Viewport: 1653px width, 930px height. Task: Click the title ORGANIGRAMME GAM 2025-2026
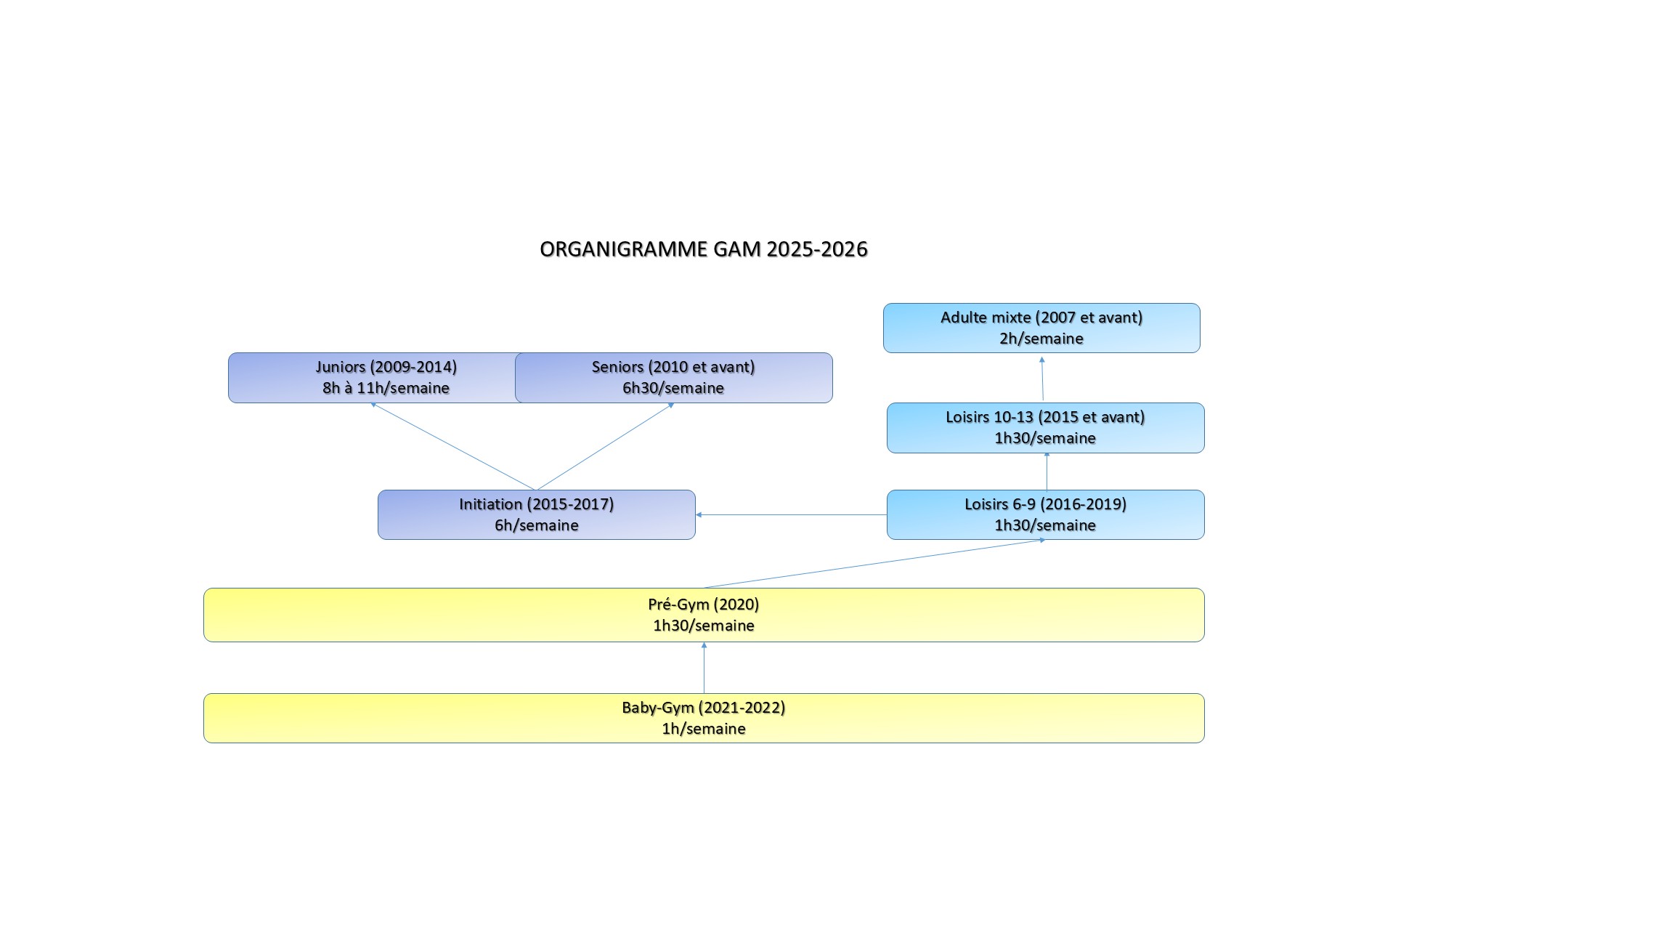(x=704, y=249)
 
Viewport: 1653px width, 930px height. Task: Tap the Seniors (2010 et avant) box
(x=673, y=378)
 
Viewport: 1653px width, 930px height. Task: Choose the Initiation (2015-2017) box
(x=537, y=514)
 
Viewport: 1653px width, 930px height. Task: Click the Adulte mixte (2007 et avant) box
(x=1041, y=328)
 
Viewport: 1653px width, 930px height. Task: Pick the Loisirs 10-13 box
(x=1045, y=428)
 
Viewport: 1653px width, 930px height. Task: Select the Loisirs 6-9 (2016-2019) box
(x=1045, y=514)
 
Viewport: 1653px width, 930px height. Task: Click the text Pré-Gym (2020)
(x=704, y=604)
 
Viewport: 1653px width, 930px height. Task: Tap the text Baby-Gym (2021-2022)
(x=704, y=708)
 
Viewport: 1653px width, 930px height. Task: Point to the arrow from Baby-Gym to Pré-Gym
(x=704, y=668)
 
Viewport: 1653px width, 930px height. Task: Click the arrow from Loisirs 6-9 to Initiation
(x=791, y=514)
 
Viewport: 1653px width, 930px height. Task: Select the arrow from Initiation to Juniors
(x=453, y=446)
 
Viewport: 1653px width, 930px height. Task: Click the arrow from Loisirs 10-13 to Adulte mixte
(x=1042, y=379)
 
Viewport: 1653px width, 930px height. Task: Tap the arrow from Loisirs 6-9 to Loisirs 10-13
(x=1047, y=471)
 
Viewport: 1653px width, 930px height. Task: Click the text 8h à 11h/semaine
(x=386, y=388)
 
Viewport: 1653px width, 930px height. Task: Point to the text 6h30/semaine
(x=673, y=388)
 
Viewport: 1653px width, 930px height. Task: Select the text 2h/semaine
(x=1041, y=339)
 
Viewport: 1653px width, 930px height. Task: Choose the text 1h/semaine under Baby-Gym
(x=704, y=729)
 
